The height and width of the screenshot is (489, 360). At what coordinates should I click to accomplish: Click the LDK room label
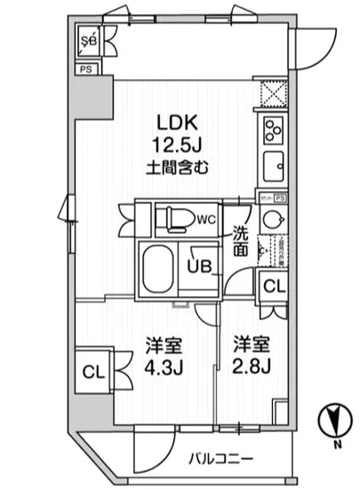(x=173, y=122)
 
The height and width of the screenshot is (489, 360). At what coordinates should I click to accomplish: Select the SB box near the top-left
(x=89, y=41)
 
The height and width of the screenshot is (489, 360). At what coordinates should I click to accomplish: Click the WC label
(x=205, y=219)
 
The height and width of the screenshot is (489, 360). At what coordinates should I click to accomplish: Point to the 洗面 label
(x=241, y=243)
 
